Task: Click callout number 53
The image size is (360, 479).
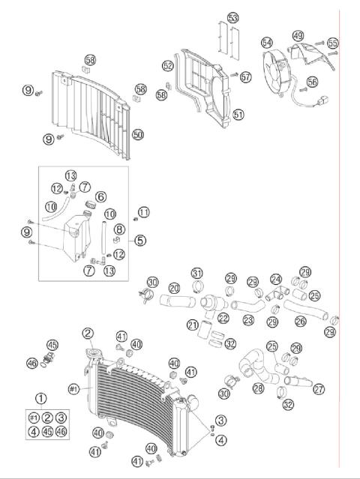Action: [232, 17]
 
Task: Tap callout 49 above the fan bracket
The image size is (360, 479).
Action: [298, 35]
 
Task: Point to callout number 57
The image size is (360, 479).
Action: [246, 76]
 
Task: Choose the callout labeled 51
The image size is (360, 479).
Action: [238, 115]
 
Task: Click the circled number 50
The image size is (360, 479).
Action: [137, 135]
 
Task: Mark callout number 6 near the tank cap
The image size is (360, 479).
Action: [100, 196]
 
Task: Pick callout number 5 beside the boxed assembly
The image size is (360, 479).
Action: [140, 241]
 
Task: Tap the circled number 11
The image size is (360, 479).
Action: [143, 213]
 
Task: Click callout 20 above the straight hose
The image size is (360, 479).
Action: [174, 288]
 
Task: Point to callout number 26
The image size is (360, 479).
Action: [300, 322]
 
